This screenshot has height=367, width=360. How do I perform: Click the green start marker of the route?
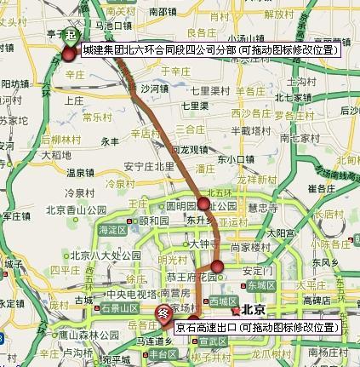click(70, 53)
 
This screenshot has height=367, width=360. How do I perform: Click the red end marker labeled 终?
click(164, 314)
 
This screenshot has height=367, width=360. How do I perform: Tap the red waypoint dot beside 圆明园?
click(203, 204)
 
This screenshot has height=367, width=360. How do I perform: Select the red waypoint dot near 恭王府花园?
click(217, 267)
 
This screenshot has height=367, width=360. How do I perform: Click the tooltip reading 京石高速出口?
click(256, 327)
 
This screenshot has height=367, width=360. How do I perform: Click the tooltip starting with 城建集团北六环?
click(211, 50)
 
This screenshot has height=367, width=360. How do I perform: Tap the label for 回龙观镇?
click(190, 149)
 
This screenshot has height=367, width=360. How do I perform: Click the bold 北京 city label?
click(254, 309)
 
